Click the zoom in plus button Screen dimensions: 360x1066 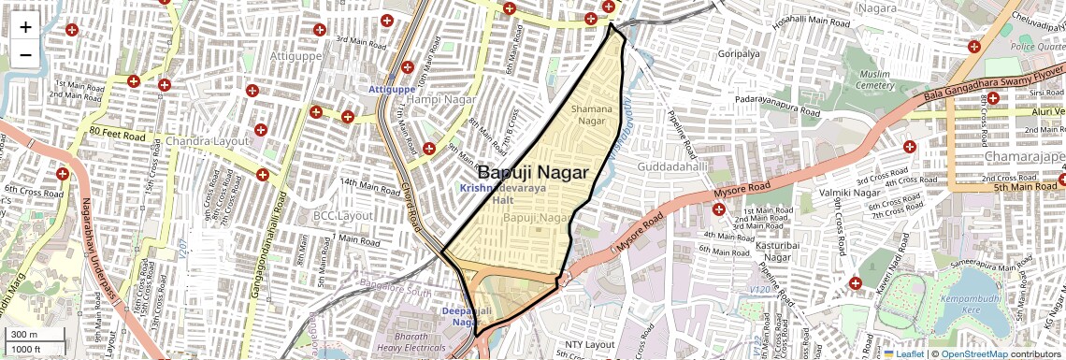pos(25,26)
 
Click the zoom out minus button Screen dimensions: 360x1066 pos(25,54)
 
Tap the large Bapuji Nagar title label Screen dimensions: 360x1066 pos(533,173)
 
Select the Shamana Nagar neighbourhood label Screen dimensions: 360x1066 pos(593,115)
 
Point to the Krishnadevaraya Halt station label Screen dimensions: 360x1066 pos(503,194)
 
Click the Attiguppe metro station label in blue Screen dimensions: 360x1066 pos(391,89)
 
